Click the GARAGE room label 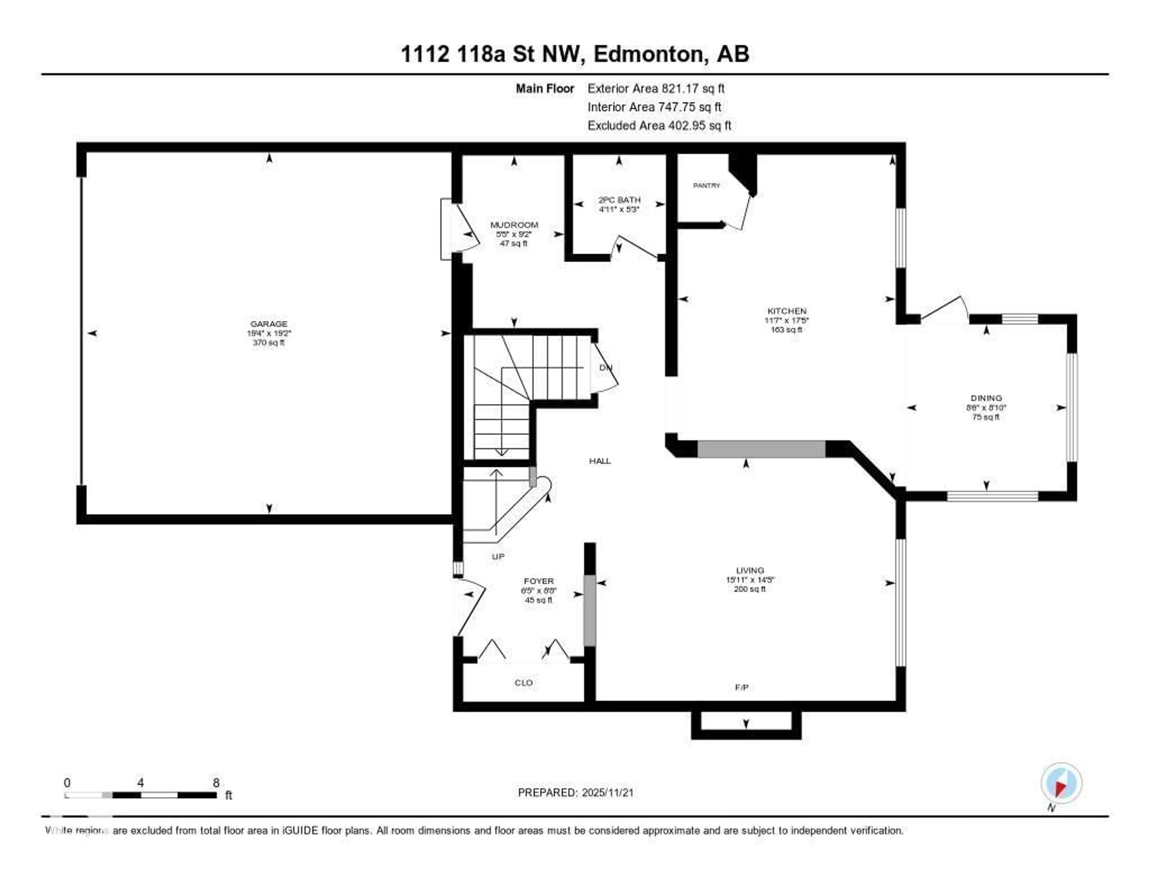[269, 324]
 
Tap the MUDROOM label [514, 225]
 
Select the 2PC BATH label [619, 200]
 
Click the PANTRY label [706, 185]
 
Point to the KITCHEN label [787, 311]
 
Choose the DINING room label [986, 398]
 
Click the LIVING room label [750, 570]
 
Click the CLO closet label [523, 683]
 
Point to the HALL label [600, 461]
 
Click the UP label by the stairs [498, 556]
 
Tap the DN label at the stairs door [606, 367]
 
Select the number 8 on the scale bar [216, 783]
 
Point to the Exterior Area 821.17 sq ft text [656, 88]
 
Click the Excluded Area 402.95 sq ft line [659, 125]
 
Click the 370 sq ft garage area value [269, 343]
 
